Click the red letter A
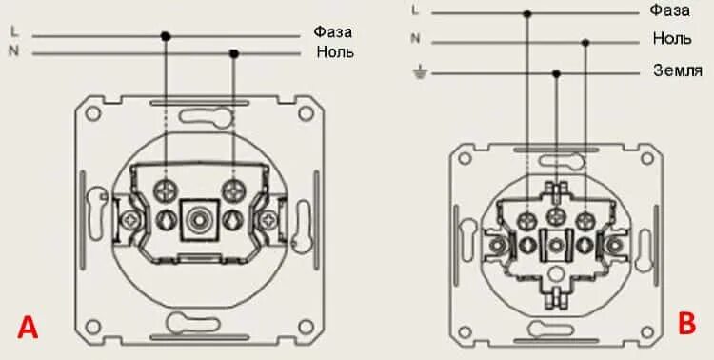click(x=28, y=329)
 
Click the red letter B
click(x=686, y=324)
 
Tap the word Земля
click(x=677, y=70)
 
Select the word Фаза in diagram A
click(x=332, y=32)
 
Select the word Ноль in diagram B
click(x=672, y=38)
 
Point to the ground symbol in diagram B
click(x=420, y=73)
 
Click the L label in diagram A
click(x=14, y=31)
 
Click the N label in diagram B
click(x=415, y=39)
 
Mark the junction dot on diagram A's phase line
click(x=166, y=36)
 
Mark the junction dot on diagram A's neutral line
click(x=234, y=53)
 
